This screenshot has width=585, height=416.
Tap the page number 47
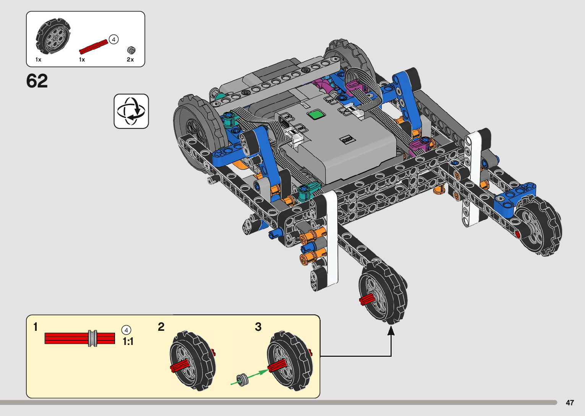[570, 402]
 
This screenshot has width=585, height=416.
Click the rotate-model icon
[131, 111]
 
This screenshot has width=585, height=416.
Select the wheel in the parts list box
[53, 36]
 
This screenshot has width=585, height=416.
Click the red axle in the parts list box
[94, 47]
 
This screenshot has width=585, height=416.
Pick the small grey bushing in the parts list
[131, 50]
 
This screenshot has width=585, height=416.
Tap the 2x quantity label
[130, 60]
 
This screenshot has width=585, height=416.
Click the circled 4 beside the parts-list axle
[113, 40]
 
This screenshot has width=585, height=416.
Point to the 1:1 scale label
[128, 341]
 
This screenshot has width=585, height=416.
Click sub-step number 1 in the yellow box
[36, 327]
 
